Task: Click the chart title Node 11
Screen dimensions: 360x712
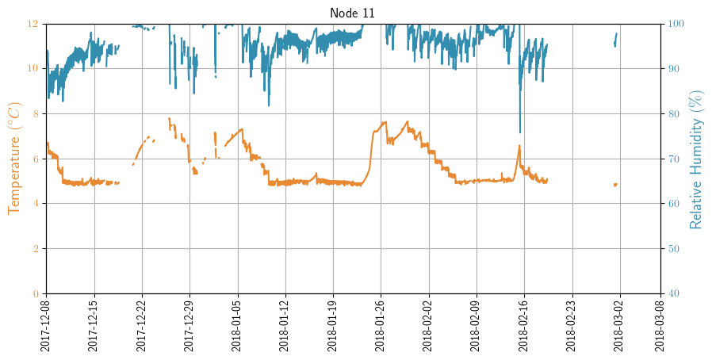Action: click(x=353, y=13)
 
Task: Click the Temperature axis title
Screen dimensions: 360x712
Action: click(x=14, y=159)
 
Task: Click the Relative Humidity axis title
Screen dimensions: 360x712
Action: click(x=696, y=159)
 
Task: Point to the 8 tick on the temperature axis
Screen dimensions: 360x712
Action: click(x=33, y=113)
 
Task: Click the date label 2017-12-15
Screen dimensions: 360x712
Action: click(x=94, y=325)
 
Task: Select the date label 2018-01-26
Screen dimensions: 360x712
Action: click(x=381, y=325)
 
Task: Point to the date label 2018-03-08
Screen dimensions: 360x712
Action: click(x=660, y=325)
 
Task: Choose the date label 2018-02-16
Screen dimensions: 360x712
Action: click(x=524, y=325)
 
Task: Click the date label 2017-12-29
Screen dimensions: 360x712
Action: click(x=189, y=325)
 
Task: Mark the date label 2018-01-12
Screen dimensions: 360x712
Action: click(x=285, y=325)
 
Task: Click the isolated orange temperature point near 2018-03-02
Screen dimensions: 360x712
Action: click(x=615, y=185)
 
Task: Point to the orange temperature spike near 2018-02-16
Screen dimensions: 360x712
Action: click(x=519, y=147)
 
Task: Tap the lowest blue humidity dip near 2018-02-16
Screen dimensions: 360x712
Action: click(x=520, y=132)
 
